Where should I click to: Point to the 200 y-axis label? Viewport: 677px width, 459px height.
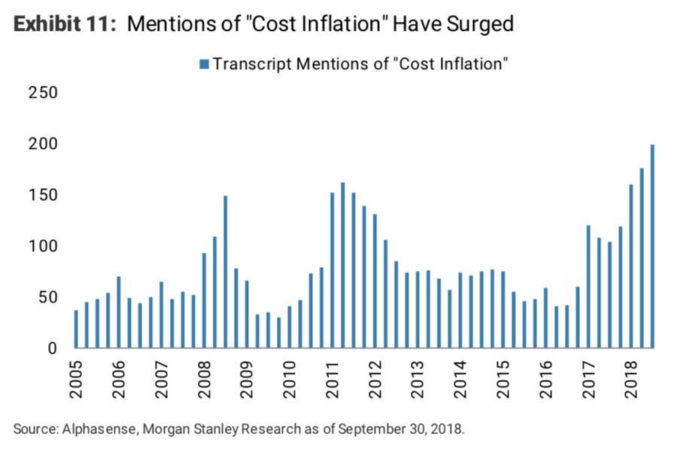pyautogui.click(x=44, y=144)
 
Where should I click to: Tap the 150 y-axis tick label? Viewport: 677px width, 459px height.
pyautogui.click(x=44, y=195)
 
